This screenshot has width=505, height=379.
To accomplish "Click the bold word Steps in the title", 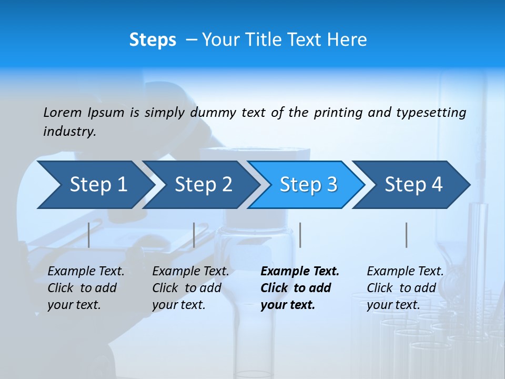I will (x=153, y=40).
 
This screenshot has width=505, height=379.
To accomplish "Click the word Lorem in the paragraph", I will (x=63, y=112).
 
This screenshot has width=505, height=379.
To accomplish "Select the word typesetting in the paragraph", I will (x=431, y=112).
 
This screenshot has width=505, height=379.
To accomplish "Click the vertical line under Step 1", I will (x=89, y=235).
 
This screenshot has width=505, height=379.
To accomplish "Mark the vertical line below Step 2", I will (x=194, y=235).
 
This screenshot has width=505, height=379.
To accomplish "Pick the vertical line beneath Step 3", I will (x=300, y=235).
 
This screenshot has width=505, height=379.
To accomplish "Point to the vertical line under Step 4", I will (x=407, y=235).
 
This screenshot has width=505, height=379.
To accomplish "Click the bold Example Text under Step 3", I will (x=300, y=272).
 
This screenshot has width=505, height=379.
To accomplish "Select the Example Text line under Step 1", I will (x=86, y=272).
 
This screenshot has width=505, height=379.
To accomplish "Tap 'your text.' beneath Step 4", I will (x=393, y=305).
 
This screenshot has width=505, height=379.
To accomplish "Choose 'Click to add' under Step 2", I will (x=187, y=288).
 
